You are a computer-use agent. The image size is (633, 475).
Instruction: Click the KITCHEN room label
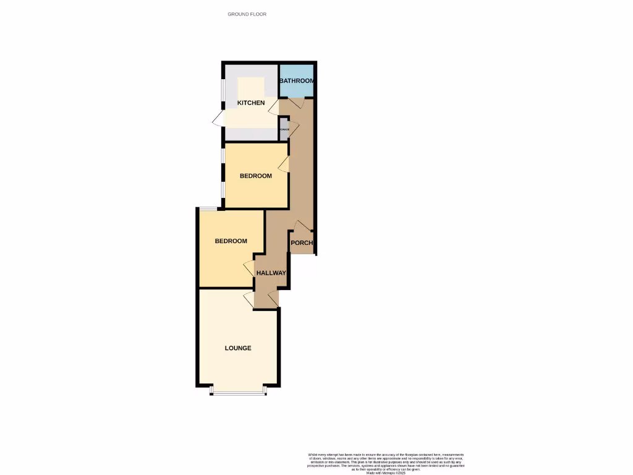[x=251, y=103]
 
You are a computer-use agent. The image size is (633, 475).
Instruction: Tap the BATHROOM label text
[x=297, y=81]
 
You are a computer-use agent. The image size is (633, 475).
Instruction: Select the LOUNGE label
[x=238, y=348]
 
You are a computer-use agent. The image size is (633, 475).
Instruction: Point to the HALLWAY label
[x=271, y=273]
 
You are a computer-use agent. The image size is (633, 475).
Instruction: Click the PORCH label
[x=302, y=242]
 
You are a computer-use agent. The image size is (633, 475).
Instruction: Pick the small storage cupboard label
[x=284, y=129]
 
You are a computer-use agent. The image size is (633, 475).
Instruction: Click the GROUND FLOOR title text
[x=247, y=14]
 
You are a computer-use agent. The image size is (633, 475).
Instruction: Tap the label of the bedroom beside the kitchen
[x=256, y=176]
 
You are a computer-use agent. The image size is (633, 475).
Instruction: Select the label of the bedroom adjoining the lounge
[x=231, y=241]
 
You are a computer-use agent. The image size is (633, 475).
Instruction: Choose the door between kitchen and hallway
[x=273, y=108]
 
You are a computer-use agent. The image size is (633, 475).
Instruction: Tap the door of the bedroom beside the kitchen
[x=284, y=164]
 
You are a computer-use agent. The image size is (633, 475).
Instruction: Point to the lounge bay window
[x=238, y=392]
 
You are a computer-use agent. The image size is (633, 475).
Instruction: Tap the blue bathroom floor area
[x=297, y=90]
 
